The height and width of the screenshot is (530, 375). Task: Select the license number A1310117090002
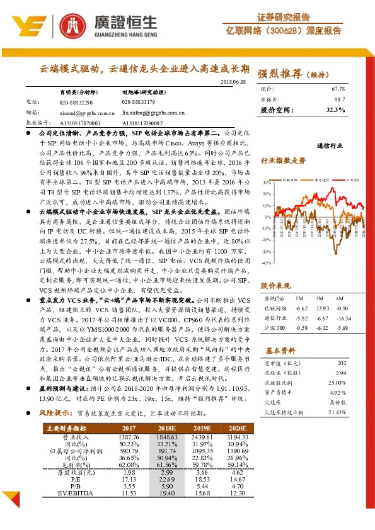(x=142, y=123)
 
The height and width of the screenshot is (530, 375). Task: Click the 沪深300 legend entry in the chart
(x=352, y=179)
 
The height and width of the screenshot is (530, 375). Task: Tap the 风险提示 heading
(x=55, y=414)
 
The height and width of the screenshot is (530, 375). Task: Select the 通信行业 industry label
(x=332, y=145)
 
